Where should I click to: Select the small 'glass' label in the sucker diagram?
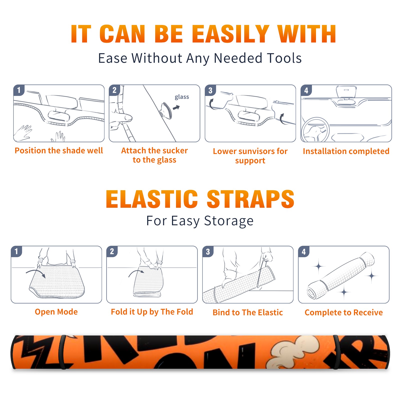(x=182, y=97)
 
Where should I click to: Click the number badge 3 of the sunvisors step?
(x=210, y=90)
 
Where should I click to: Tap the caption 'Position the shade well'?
(x=59, y=150)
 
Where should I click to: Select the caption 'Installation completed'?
(x=346, y=151)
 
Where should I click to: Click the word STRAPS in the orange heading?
(x=250, y=199)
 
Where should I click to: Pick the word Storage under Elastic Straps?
(x=229, y=221)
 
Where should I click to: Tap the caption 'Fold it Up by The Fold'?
(x=152, y=312)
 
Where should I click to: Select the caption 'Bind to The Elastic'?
(x=248, y=312)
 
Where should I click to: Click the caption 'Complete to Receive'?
(x=344, y=312)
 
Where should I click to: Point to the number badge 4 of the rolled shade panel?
(x=304, y=251)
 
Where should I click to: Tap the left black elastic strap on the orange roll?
(x=62, y=352)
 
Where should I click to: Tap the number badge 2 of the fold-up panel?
(x=112, y=251)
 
